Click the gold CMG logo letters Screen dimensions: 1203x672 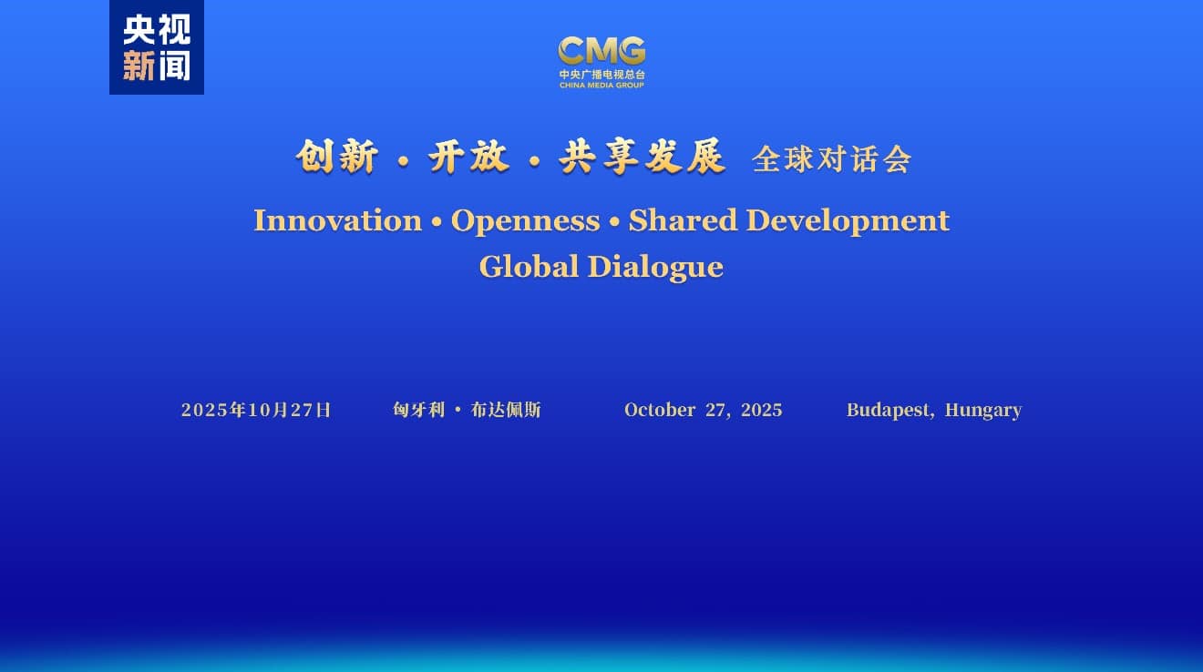tap(601, 50)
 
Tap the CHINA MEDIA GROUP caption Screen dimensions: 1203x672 tap(601, 86)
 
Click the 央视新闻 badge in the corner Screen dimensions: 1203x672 tap(156, 47)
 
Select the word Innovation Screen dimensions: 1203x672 tap(338, 220)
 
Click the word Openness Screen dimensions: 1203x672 tap(525, 221)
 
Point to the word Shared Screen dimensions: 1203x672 tap(684, 220)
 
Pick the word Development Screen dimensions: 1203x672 tap(848, 221)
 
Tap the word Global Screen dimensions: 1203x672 tap(529, 267)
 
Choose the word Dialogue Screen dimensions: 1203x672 tap(656, 268)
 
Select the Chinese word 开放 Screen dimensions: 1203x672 tap(468, 157)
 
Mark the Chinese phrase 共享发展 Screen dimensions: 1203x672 tap(643, 157)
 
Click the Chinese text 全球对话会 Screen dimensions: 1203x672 tap(831, 159)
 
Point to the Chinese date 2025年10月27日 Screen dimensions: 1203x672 tap(256, 410)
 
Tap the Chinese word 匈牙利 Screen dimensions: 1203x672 tap(419, 410)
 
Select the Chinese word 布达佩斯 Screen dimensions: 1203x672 tap(506, 410)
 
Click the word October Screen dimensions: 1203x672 tap(660, 410)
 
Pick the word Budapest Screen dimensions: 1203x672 tap(889, 411)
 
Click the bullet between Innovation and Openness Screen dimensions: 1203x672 tap(437, 221)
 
